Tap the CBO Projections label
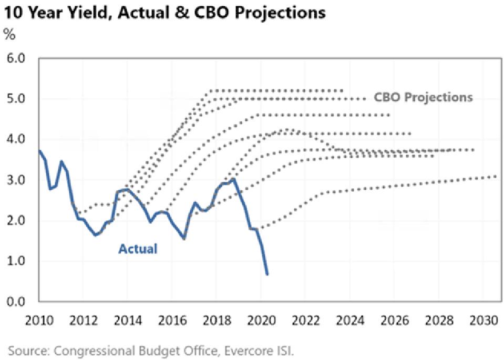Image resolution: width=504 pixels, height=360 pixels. click(423, 97)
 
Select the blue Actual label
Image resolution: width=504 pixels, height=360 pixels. click(138, 249)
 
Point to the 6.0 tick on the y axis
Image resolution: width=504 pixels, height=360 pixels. click(16, 59)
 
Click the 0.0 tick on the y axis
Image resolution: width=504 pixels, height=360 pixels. click(16, 302)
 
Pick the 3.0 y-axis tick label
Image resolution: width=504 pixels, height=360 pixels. click(16, 180)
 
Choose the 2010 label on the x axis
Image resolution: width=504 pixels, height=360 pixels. click(39, 321)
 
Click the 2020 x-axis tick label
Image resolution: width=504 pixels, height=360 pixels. click(261, 321)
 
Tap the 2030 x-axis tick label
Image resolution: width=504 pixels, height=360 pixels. click(484, 321)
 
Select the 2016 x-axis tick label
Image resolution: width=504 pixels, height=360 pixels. click(172, 321)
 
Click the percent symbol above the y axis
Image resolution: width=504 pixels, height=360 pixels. click(9, 34)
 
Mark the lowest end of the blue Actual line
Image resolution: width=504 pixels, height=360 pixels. click(267, 274)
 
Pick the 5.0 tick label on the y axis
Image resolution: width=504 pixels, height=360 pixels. click(16, 99)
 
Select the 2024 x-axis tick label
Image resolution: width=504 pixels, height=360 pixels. click(350, 321)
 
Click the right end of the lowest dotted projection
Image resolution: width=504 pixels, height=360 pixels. click(496, 176)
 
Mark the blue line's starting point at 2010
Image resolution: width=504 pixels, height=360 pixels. click(39, 150)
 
